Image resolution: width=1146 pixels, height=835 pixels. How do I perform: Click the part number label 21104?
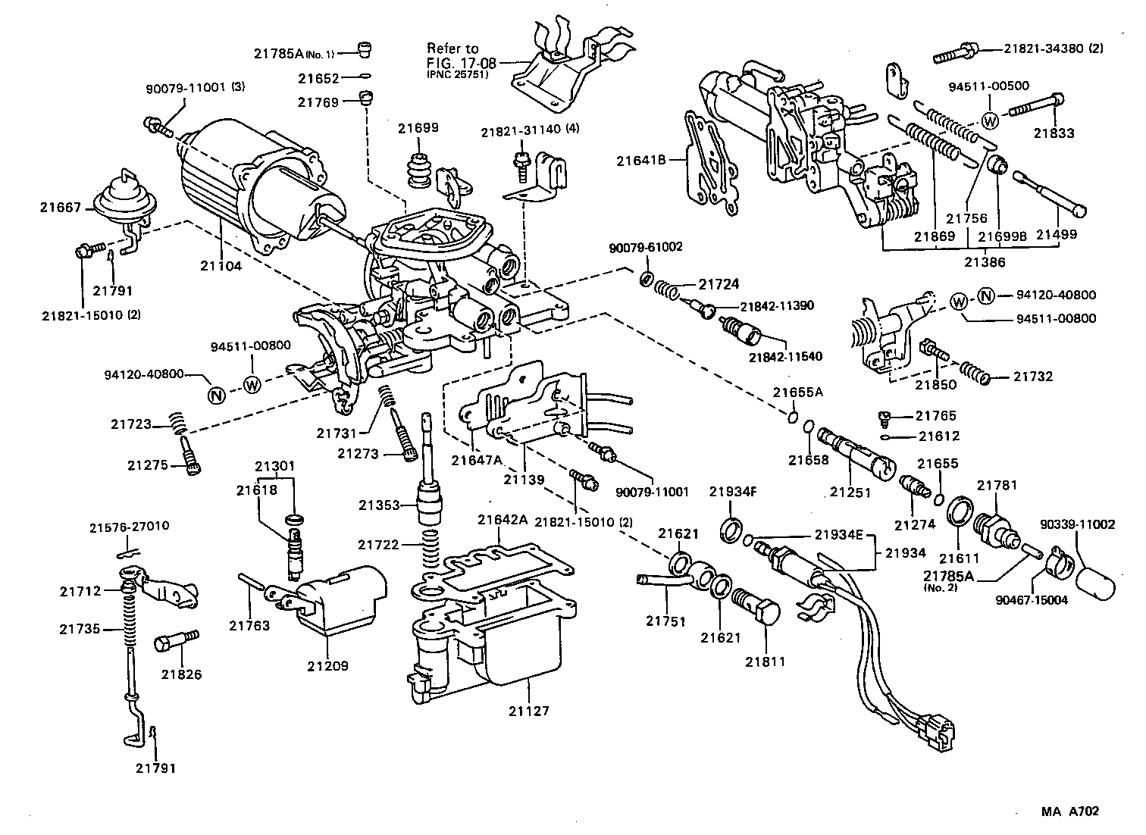click(x=221, y=266)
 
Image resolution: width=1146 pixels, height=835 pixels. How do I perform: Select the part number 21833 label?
click(x=1054, y=133)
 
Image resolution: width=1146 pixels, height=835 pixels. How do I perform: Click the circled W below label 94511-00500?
click(x=991, y=120)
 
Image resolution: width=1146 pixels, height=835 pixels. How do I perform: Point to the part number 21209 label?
click(x=328, y=666)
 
